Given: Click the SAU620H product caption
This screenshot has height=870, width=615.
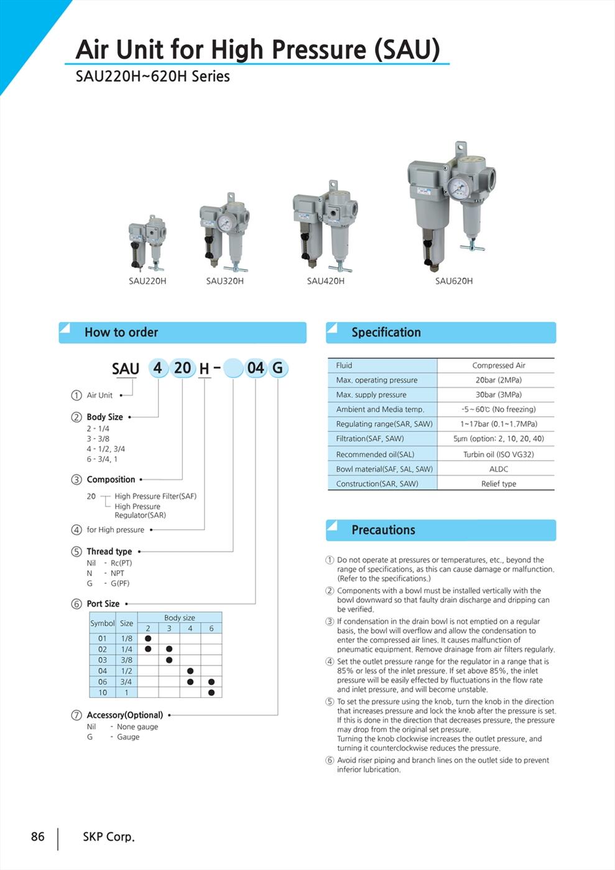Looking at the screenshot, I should click(x=453, y=281).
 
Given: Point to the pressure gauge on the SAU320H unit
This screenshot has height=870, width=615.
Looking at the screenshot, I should click(x=224, y=224).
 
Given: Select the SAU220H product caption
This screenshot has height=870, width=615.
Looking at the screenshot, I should click(x=147, y=281).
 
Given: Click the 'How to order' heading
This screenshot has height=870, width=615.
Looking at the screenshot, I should click(x=121, y=332).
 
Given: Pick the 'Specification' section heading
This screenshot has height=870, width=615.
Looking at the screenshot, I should click(x=386, y=332).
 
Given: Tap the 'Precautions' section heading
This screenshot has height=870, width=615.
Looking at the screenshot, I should click(x=383, y=530).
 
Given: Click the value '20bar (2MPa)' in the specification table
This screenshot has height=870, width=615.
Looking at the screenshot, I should click(x=498, y=380).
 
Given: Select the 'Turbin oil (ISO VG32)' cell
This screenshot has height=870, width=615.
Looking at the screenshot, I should click(x=498, y=454).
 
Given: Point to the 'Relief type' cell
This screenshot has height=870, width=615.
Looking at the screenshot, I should click(x=498, y=483).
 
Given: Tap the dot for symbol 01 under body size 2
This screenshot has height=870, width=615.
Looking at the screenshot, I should click(x=148, y=638).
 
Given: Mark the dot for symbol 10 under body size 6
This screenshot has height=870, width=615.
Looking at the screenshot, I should click(x=211, y=692).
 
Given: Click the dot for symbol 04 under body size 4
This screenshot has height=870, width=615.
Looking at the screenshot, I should click(x=190, y=671).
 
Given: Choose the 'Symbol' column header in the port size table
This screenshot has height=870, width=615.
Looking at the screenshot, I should click(x=102, y=623).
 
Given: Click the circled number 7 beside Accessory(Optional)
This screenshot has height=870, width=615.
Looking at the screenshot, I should click(x=76, y=715).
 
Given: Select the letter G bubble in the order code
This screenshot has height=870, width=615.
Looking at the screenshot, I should click(x=277, y=368).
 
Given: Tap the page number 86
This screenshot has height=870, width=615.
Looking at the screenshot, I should click(x=38, y=836).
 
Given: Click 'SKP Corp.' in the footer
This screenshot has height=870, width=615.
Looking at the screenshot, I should click(x=109, y=836).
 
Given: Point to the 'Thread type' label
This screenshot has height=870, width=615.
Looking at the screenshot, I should click(x=109, y=551).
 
